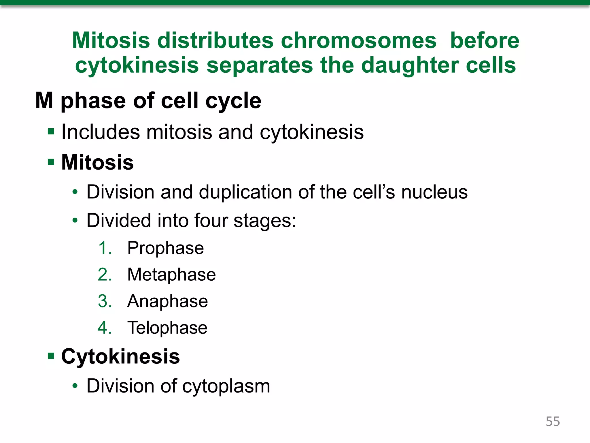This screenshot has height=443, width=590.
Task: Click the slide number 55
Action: tap(553, 421)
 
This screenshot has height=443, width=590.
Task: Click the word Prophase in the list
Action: tap(165, 248)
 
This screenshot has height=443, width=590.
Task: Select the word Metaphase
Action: tap(171, 275)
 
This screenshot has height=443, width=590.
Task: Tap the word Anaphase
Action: tap(167, 301)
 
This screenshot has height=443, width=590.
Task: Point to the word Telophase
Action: tap(167, 328)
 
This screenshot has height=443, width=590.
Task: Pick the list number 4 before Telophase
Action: tap(104, 328)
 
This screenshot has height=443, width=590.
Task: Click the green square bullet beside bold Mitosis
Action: tap(51, 162)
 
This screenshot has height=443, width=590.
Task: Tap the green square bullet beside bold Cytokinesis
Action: tap(51, 356)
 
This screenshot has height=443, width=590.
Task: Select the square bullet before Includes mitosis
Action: tap(51, 132)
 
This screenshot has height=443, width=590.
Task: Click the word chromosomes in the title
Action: tap(358, 40)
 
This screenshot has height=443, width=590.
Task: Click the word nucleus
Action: tap(434, 192)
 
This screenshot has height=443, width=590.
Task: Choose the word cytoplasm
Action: tap(226, 386)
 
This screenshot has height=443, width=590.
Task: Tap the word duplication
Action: tap(245, 192)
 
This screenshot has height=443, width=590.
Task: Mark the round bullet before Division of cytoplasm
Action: tap(75, 386)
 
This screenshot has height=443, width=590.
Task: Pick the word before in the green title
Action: tap(485, 40)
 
